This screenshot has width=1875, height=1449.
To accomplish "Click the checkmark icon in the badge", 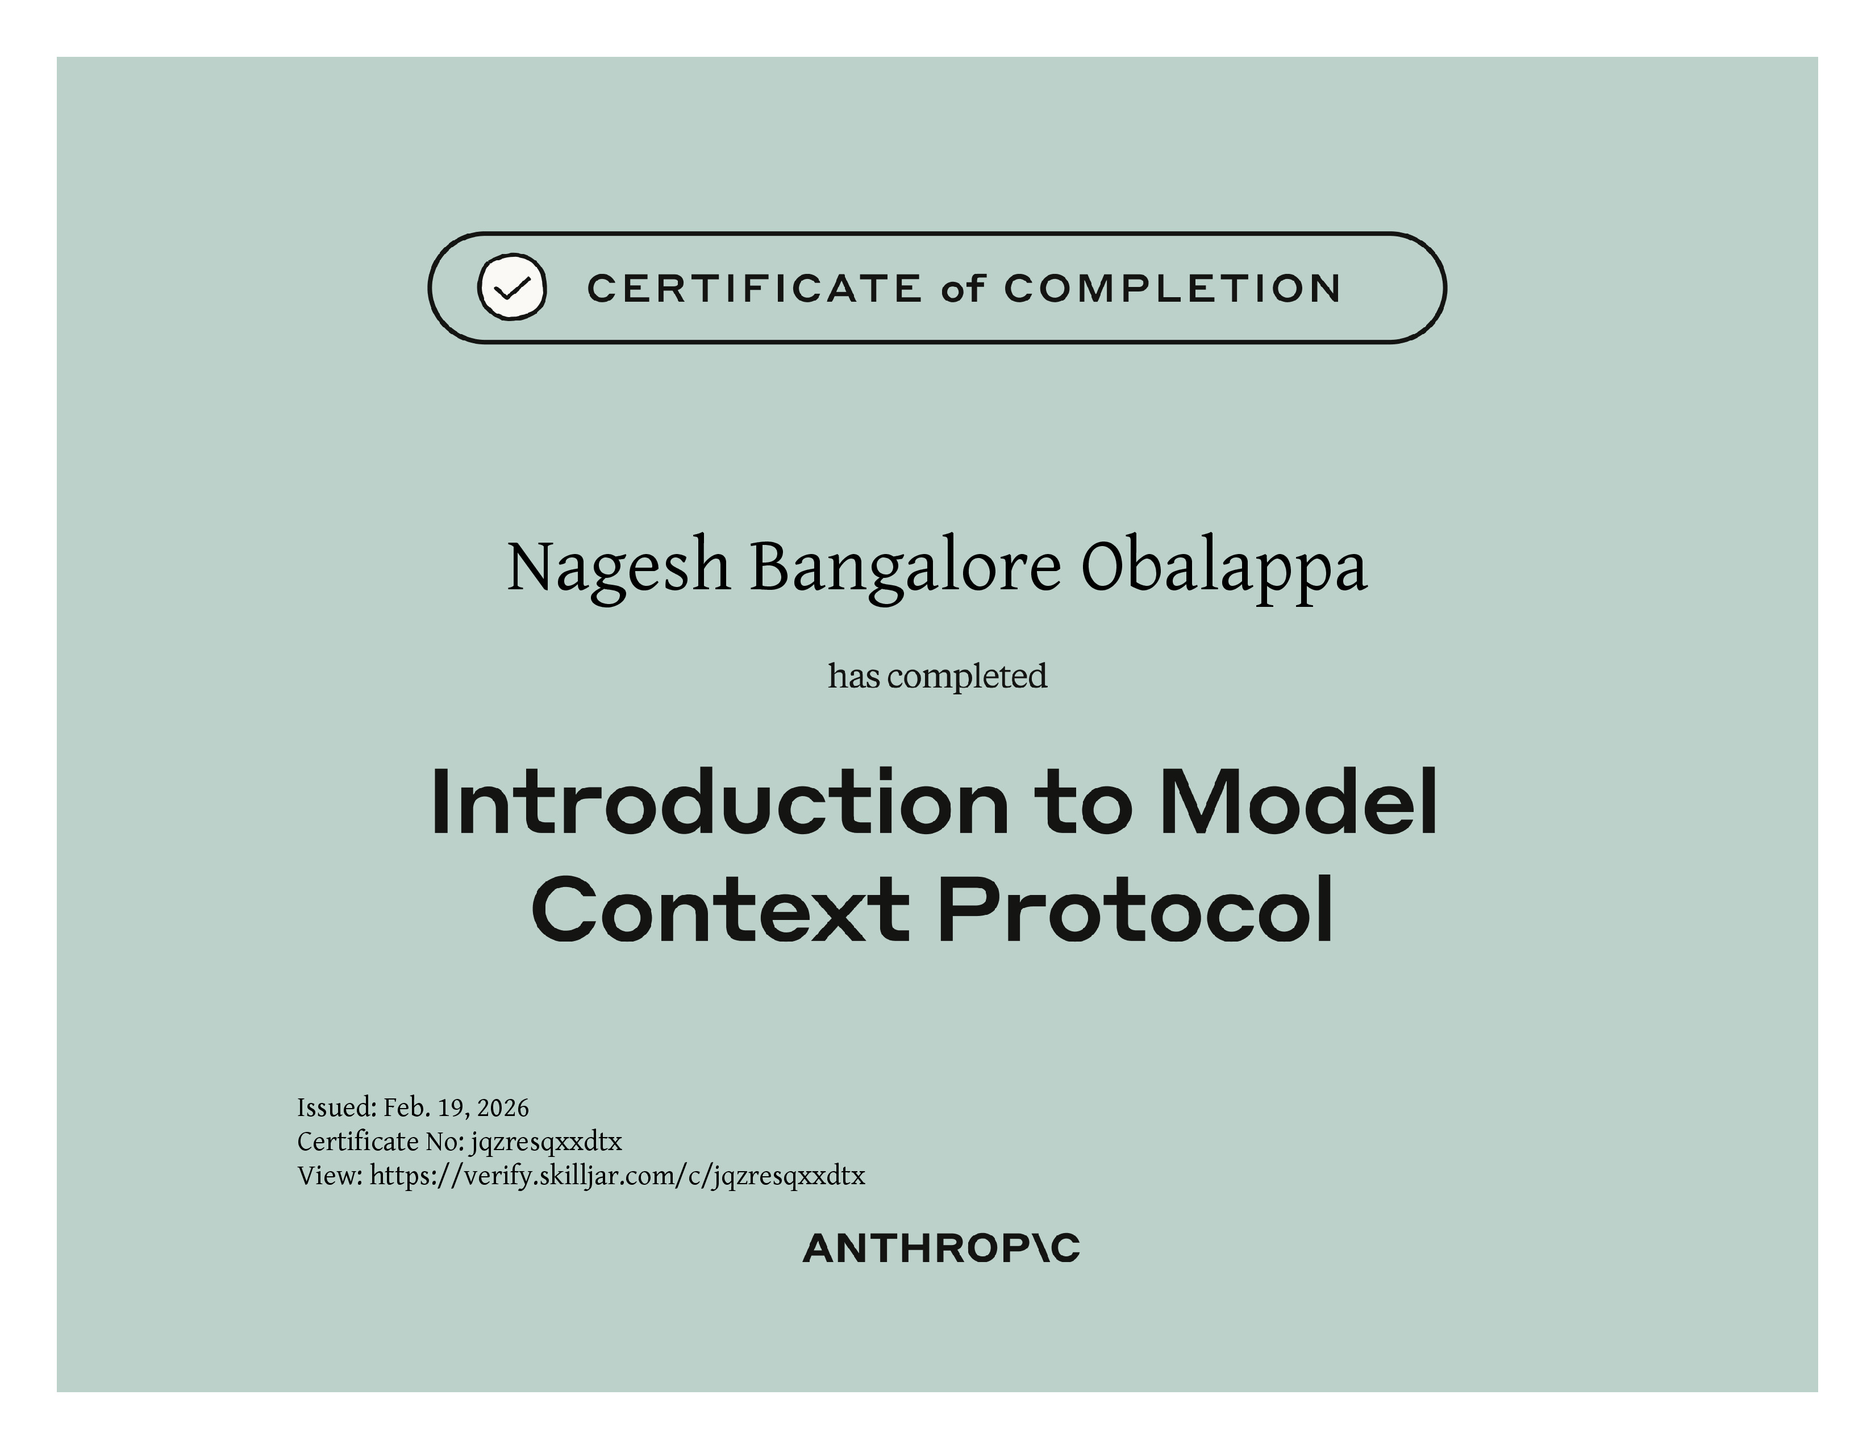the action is [512, 288].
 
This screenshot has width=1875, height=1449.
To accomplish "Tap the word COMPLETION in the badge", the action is [1173, 289].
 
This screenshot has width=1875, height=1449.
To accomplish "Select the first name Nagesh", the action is [618, 568].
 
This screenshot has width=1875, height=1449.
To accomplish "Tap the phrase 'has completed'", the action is [938, 676].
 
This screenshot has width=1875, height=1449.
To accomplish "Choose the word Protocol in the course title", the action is [1136, 910].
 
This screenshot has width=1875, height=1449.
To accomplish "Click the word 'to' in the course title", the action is [1084, 802].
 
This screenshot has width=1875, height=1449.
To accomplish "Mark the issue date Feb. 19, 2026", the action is [456, 1108].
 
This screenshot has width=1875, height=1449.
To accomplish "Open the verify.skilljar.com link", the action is [617, 1176].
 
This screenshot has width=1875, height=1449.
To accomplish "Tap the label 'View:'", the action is [331, 1176].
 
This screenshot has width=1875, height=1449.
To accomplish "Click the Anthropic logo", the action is [941, 1249].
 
